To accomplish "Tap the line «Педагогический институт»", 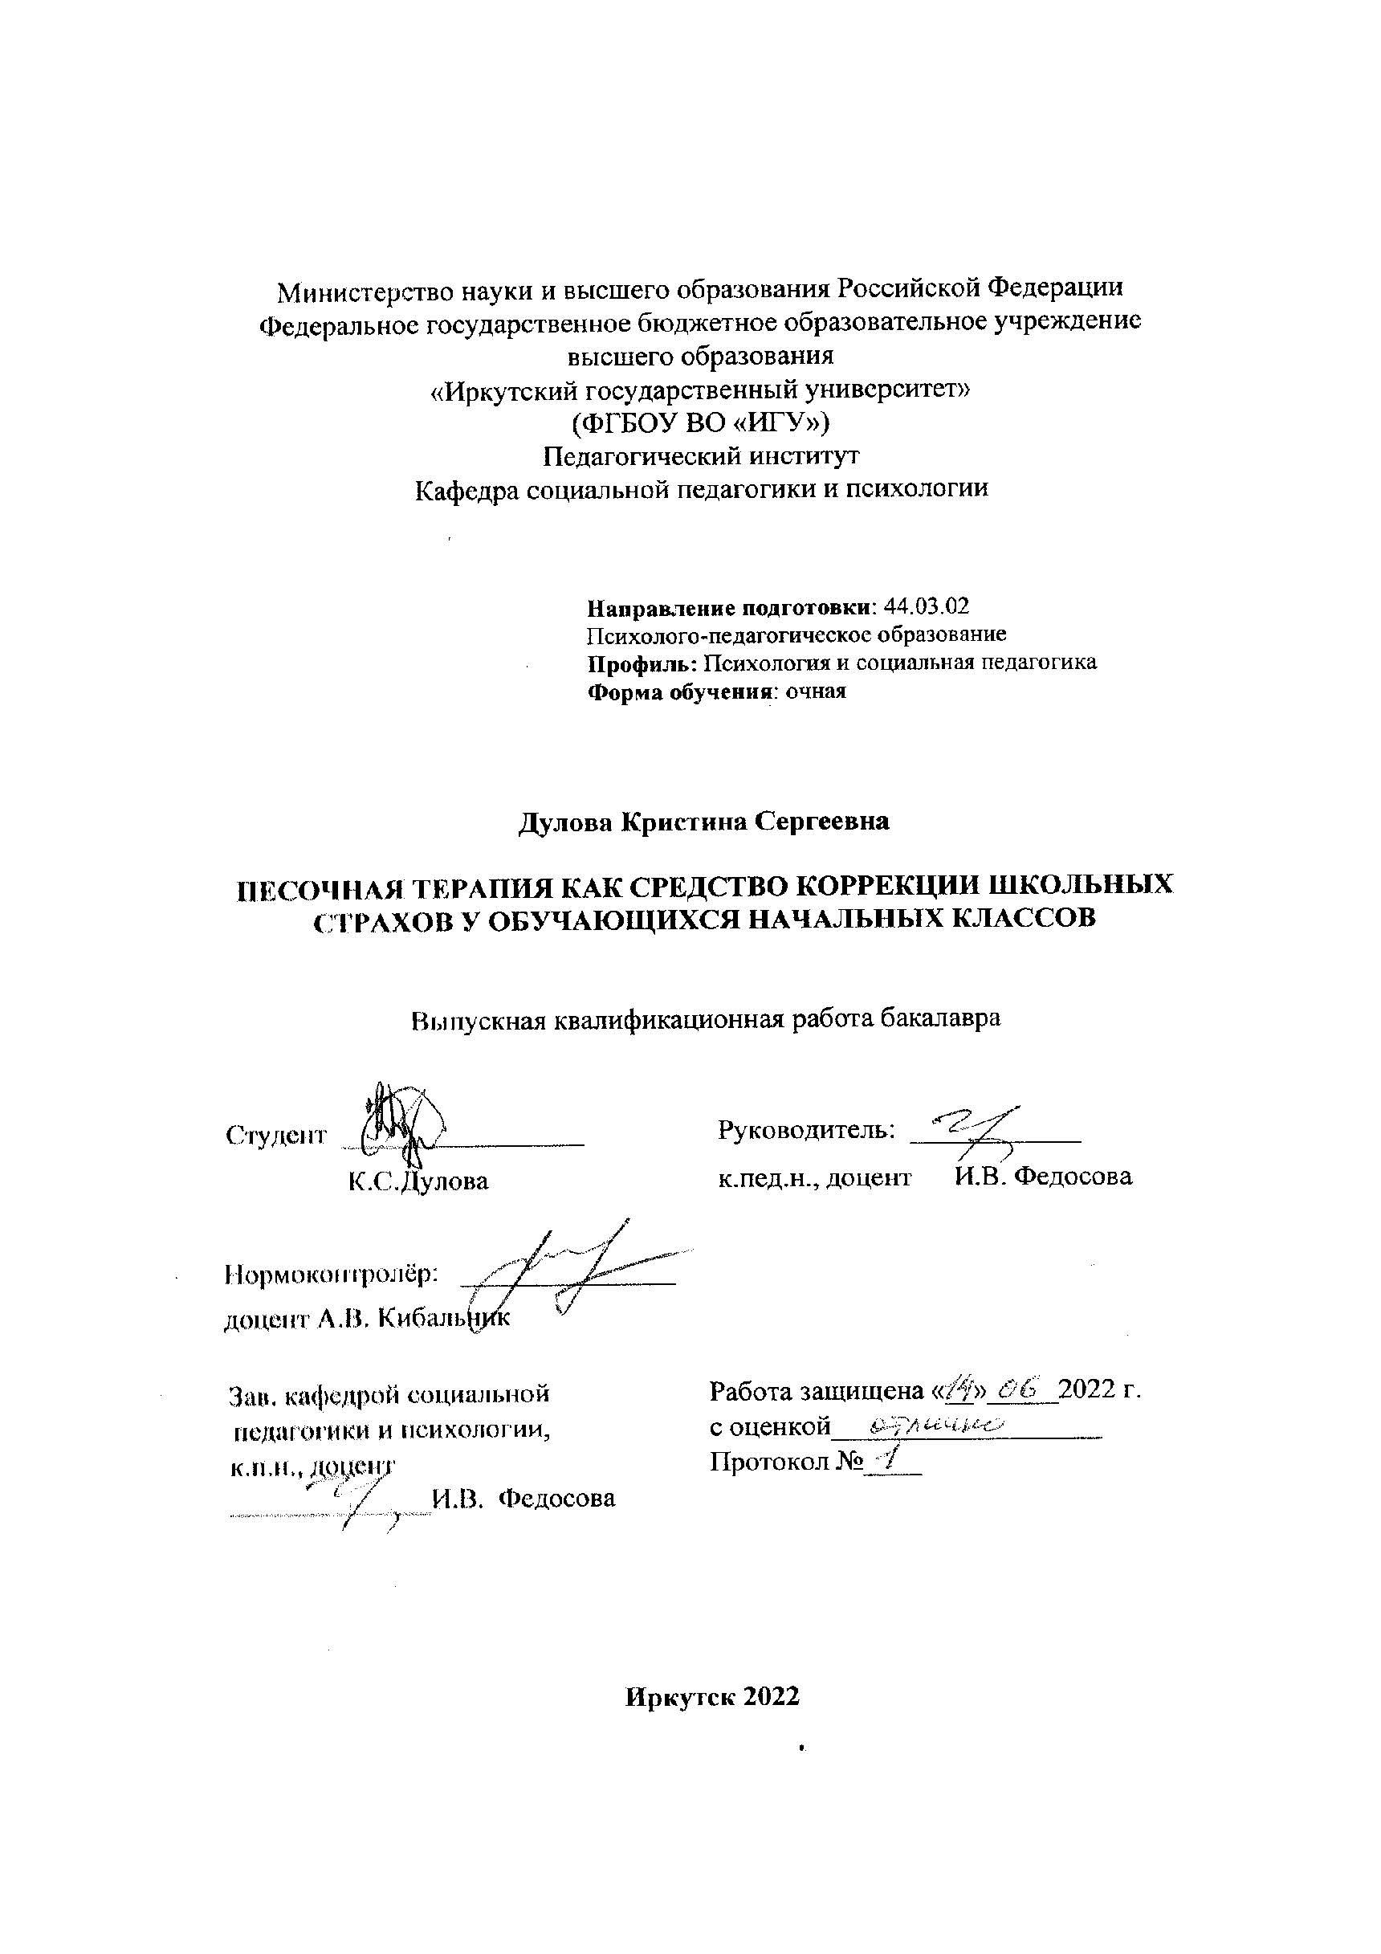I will coord(701,456).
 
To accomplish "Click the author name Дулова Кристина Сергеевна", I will coord(703,822).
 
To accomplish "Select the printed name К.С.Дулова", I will coord(418,1181).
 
